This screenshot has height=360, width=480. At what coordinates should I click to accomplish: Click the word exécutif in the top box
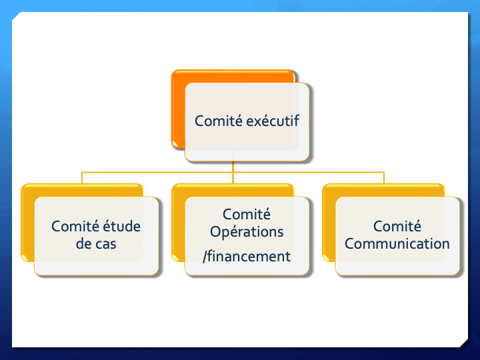(x=273, y=121)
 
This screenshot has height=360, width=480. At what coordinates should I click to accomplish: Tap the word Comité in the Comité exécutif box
(x=219, y=121)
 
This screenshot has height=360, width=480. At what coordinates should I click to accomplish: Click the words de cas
(x=96, y=244)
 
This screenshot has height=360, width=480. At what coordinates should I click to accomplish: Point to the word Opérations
(x=247, y=232)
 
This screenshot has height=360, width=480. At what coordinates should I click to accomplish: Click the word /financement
(x=247, y=256)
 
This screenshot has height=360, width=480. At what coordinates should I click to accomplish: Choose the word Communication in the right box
(x=397, y=244)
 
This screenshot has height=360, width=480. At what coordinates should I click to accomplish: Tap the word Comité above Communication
(x=397, y=226)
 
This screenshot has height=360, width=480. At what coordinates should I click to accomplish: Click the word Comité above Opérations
(x=247, y=214)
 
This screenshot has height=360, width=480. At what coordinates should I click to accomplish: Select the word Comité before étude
(x=75, y=226)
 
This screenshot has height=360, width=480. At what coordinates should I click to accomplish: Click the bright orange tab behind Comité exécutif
(x=178, y=110)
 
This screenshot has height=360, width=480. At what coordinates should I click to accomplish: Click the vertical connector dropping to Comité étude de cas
(x=82, y=178)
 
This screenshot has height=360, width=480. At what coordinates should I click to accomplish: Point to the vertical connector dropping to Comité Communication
(x=384, y=178)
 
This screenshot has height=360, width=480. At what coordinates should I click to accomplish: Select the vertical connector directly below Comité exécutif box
(x=233, y=167)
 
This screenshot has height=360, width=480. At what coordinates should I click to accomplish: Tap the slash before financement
(x=205, y=256)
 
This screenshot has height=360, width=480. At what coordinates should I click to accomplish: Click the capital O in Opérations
(x=215, y=232)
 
